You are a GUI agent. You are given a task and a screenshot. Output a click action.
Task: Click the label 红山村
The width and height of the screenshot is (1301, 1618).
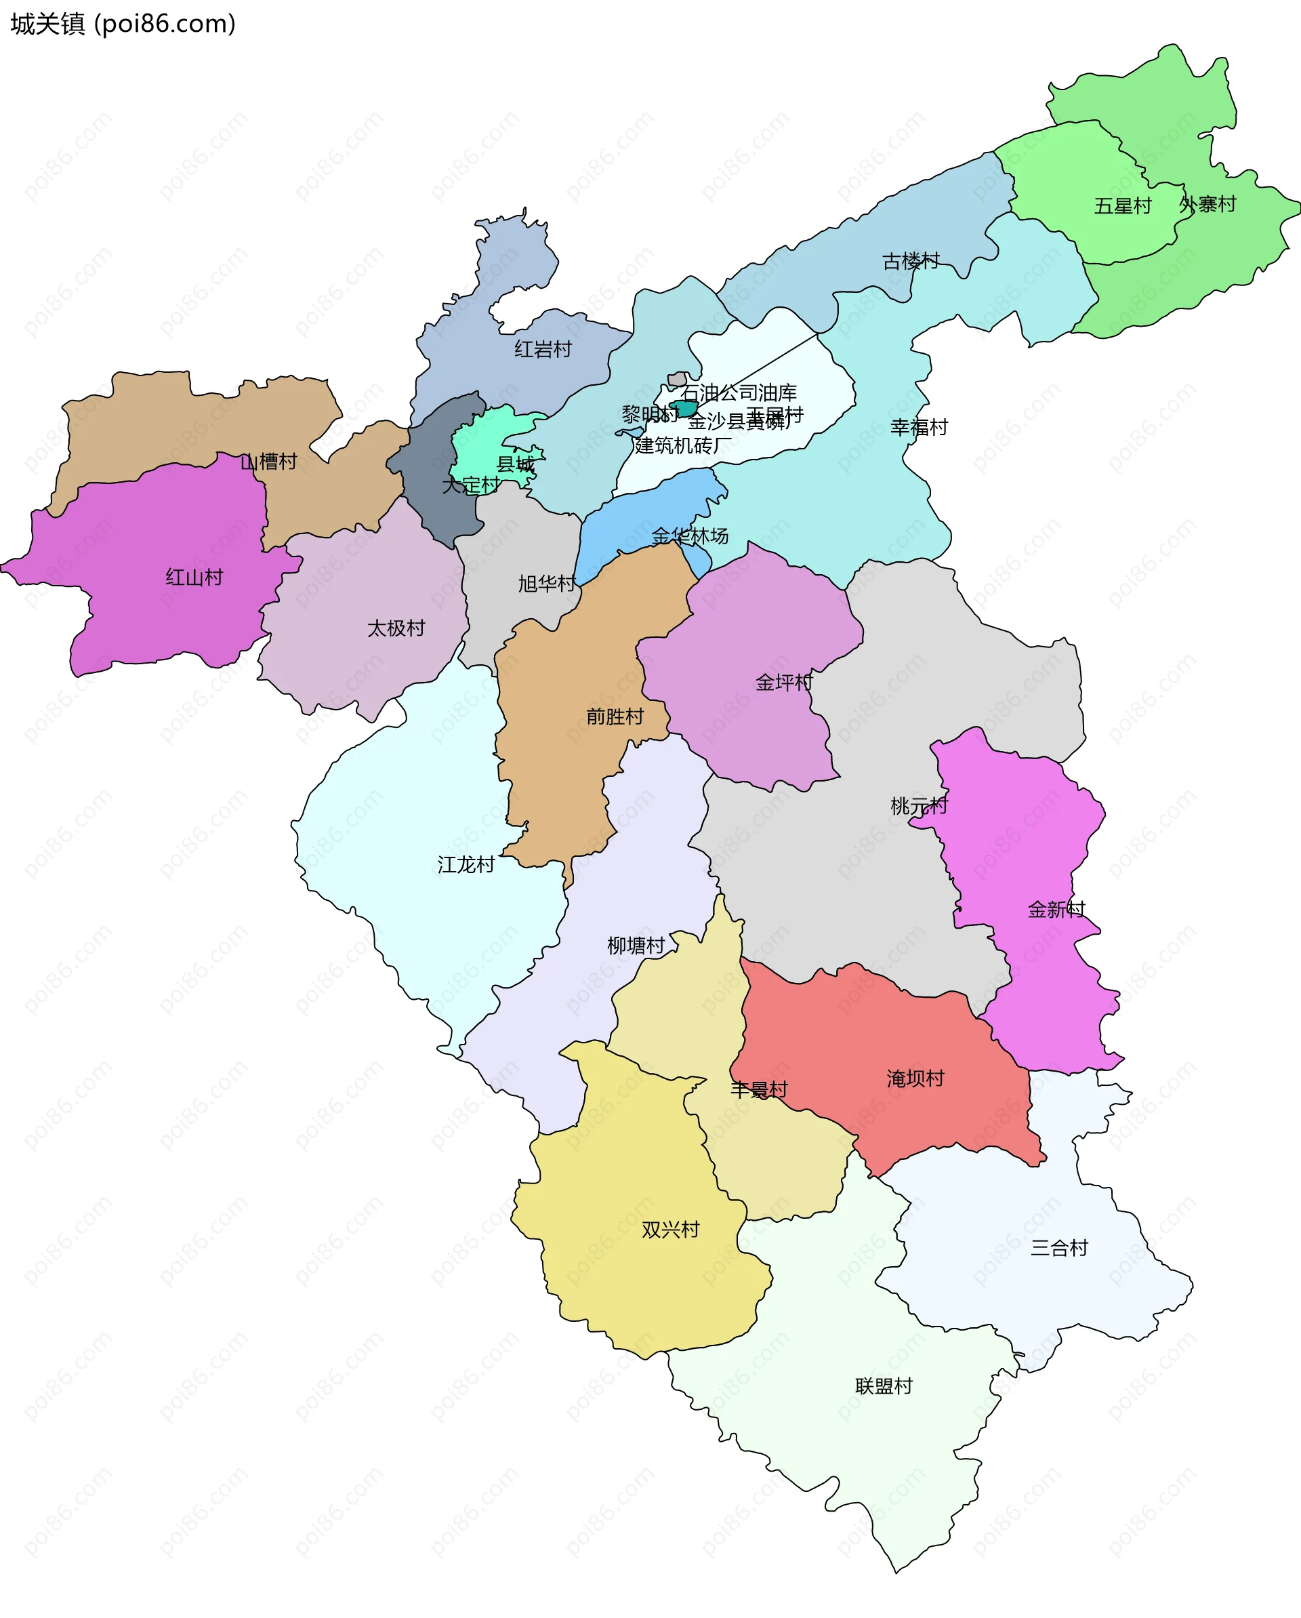(x=194, y=577)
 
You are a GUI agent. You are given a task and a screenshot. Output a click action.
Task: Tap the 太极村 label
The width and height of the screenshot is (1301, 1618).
(x=396, y=628)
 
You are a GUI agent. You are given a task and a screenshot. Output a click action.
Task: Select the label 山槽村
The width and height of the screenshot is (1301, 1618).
(x=268, y=462)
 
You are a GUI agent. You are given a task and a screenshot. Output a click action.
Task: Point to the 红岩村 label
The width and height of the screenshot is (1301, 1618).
(x=543, y=349)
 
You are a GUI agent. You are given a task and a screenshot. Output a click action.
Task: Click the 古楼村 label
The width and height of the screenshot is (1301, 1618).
(x=911, y=261)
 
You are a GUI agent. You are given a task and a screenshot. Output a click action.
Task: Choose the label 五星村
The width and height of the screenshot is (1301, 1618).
(x=1122, y=205)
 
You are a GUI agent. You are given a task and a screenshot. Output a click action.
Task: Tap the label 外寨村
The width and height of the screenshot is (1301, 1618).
(x=1207, y=204)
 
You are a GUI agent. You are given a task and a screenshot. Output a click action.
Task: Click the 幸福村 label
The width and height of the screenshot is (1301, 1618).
(x=919, y=427)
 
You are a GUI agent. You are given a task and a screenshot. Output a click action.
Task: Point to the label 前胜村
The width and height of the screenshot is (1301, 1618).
(x=615, y=716)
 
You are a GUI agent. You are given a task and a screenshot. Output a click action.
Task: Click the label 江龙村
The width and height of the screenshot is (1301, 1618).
(x=466, y=864)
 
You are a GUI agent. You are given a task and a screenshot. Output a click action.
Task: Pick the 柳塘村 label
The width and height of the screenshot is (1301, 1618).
(x=636, y=946)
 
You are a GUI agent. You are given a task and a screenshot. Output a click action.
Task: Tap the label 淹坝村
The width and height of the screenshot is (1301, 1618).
(x=915, y=1078)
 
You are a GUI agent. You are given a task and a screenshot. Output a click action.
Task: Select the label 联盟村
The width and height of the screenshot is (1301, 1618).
(x=884, y=1386)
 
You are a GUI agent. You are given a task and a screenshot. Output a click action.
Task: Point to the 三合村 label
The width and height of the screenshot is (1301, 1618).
(x=1058, y=1248)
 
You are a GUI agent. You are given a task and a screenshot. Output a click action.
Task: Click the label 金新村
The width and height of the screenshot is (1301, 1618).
(x=1056, y=910)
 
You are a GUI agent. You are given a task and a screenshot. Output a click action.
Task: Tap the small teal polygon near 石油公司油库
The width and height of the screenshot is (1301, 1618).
(x=684, y=409)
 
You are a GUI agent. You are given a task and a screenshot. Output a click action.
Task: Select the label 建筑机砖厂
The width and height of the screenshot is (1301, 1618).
(x=683, y=446)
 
